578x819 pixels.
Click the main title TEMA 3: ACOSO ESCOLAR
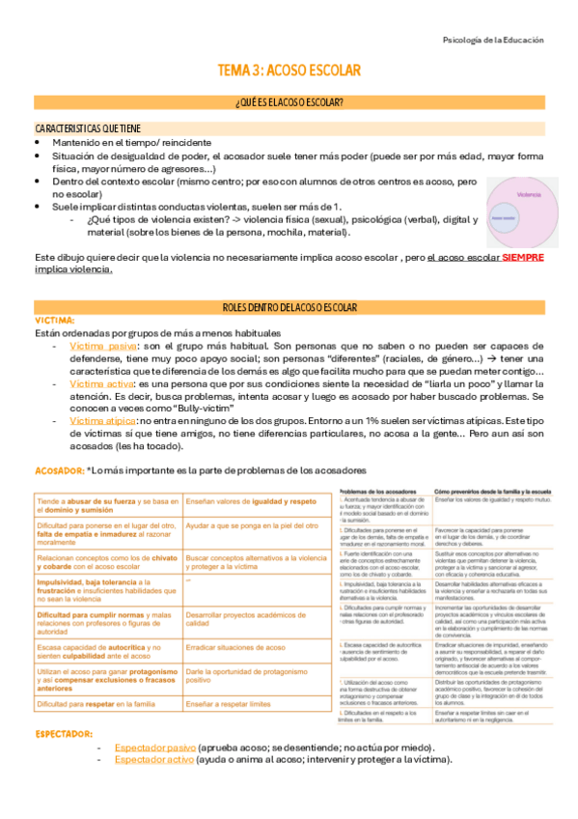click(x=289, y=71)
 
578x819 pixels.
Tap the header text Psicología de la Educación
click(x=492, y=41)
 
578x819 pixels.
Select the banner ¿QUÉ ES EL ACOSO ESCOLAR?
click(x=289, y=102)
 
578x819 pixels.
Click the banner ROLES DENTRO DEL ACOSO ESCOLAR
click(x=289, y=306)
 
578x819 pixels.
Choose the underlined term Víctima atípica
click(x=103, y=421)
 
